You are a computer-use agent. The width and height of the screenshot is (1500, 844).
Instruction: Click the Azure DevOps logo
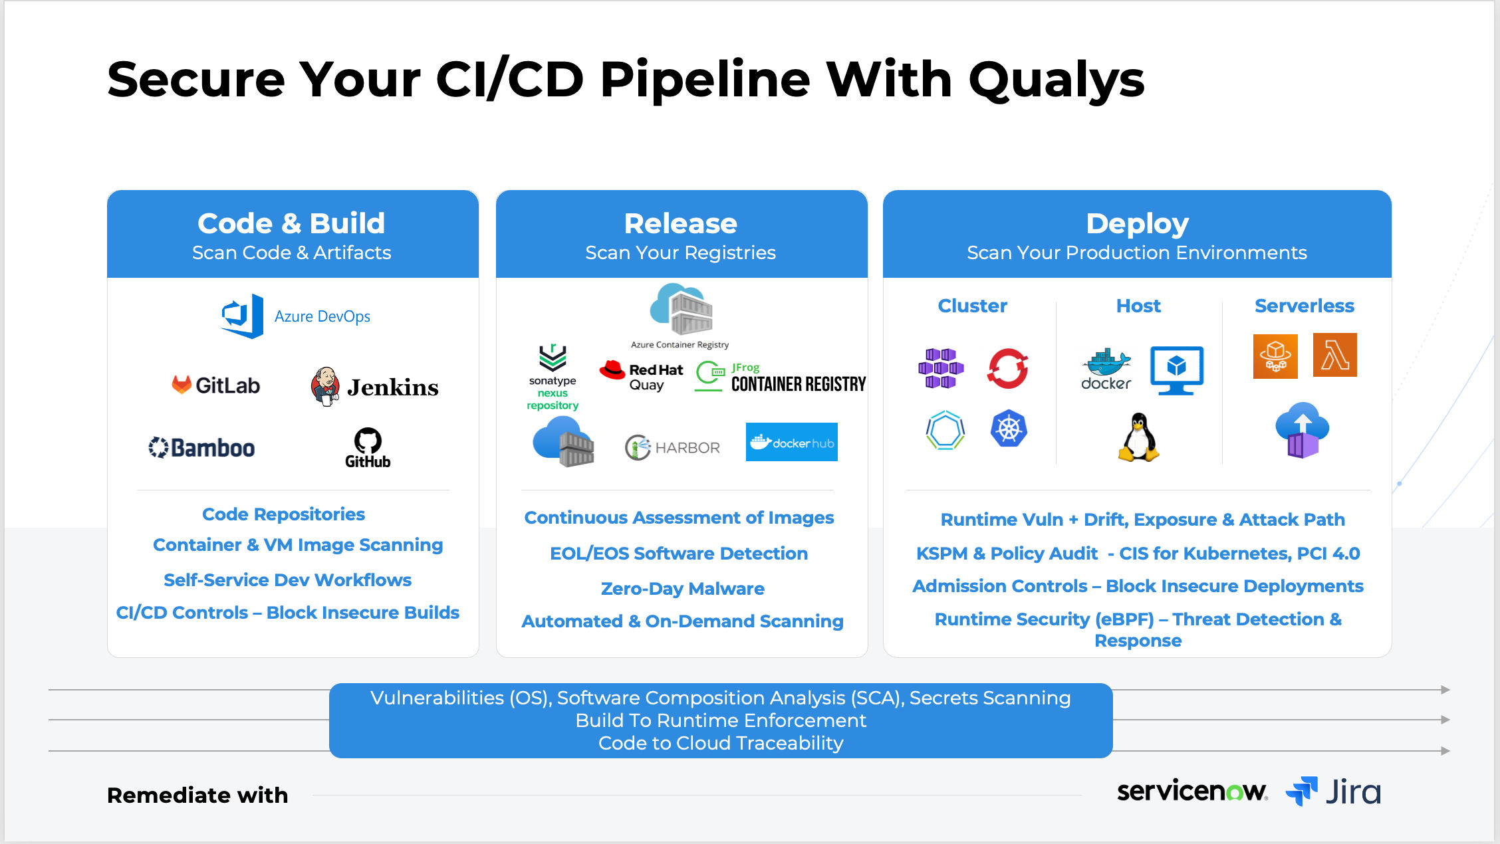coord(295,316)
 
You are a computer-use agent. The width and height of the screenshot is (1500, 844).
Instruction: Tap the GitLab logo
coord(215,385)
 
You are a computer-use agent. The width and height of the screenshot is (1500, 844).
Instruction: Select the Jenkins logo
coord(374,387)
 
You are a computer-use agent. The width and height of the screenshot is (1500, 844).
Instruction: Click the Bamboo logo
coord(201,448)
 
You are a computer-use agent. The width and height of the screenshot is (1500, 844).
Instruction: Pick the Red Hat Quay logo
coord(641,377)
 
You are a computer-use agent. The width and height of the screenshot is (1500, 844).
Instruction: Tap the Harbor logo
coord(672,447)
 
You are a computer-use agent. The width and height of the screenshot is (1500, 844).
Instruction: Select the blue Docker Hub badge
coord(791,442)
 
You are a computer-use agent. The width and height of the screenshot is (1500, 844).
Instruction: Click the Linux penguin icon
coord(1138,437)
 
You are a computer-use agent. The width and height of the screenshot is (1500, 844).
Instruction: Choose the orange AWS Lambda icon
coord(1334,355)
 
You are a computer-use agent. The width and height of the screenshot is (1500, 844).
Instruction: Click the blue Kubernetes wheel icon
coord(1009,429)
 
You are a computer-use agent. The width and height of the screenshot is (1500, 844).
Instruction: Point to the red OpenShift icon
coord(1007,368)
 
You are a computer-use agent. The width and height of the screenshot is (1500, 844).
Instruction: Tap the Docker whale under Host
coord(1106,368)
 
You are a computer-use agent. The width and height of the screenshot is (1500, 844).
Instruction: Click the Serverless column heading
coord(1304,306)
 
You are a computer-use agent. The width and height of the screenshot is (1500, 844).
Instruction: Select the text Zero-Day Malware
coord(682,589)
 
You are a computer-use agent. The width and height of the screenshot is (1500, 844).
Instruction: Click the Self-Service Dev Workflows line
coord(287,580)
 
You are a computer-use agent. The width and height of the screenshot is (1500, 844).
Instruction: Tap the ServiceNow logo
coord(1191,791)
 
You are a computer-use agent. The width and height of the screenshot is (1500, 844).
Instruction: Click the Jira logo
coord(1333,791)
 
